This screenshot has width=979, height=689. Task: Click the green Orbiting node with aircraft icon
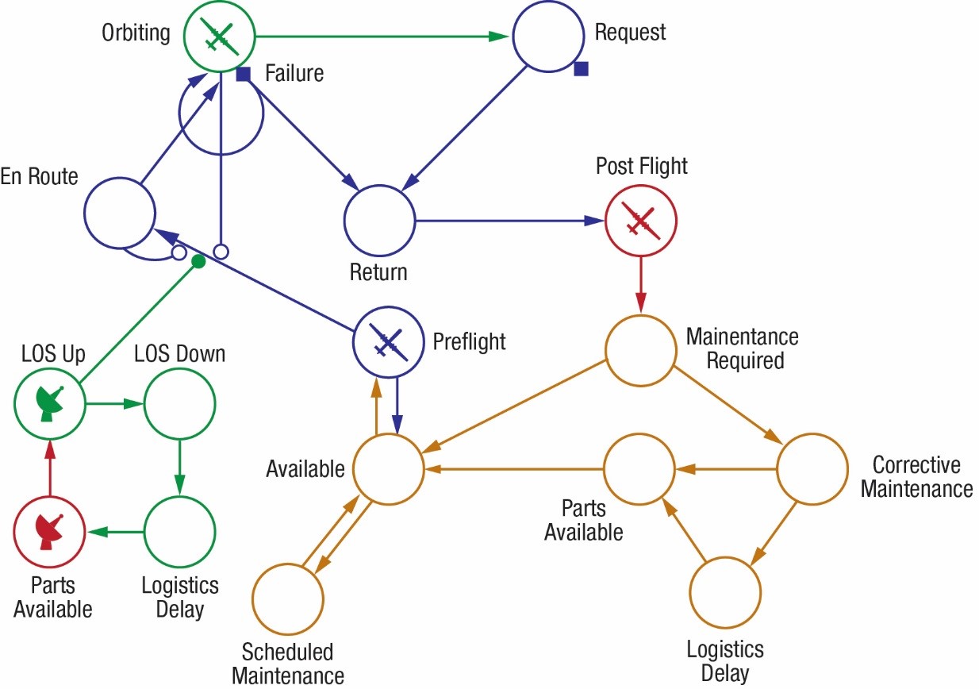[220, 35]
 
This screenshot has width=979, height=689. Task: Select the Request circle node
[547, 37]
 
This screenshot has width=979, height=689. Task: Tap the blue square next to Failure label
[244, 75]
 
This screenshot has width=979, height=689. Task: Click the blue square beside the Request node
[581, 70]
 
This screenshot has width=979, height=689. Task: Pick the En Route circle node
[119, 214]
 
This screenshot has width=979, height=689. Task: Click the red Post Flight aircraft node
[640, 220]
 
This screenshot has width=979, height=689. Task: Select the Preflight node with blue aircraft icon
[388, 342]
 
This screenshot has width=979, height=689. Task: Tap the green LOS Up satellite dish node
[50, 404]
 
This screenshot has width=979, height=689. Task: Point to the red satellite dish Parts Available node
[50, 531]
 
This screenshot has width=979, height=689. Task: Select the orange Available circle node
[388, 469]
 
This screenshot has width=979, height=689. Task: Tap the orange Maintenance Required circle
[640, 350]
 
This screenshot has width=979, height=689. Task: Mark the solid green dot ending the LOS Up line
[199, 261]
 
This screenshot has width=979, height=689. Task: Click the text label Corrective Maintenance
[916, 476]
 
